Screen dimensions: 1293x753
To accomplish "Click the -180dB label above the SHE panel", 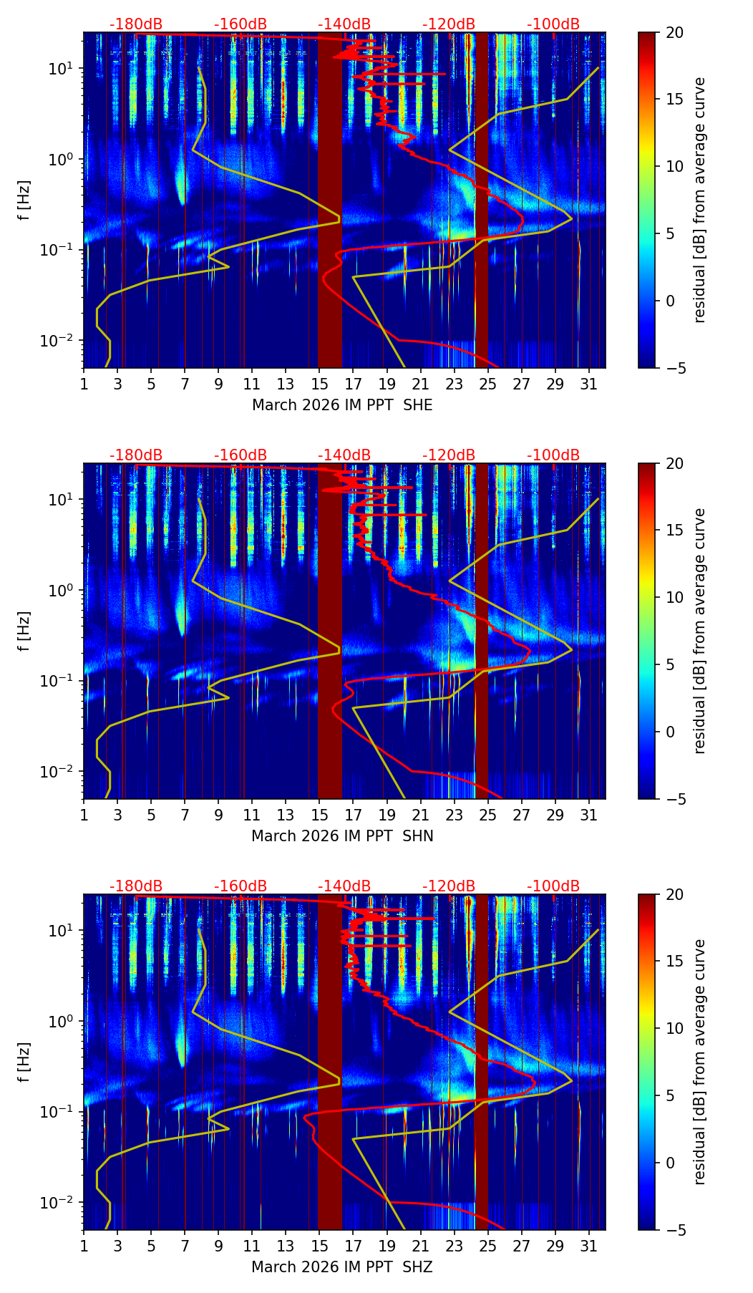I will tap(136, 24).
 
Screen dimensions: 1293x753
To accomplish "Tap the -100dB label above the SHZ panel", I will tap(553, 886).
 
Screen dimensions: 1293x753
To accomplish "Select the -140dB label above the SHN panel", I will tap(344, 455).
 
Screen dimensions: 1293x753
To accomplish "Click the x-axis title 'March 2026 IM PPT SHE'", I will tap(342, 405).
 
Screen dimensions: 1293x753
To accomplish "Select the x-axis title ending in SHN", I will tap(342, 836).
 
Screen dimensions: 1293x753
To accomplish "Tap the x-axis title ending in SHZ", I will tap(342, 1267).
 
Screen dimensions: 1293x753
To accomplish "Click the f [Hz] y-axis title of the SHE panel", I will tap(24, 200).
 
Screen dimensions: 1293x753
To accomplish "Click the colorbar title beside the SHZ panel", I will tap(700, 1062).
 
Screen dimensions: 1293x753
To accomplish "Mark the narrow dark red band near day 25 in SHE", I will tap(482, 200).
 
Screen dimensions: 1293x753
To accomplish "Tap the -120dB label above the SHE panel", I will tap(449, 24).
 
